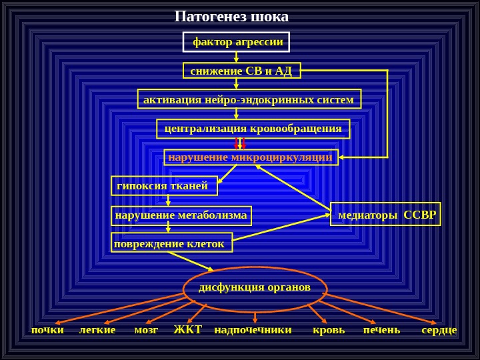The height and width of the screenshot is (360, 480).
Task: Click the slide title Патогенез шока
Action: (231, 16)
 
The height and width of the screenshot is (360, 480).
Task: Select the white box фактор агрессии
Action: (237, 42)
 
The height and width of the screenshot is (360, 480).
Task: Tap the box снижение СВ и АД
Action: (241, 71)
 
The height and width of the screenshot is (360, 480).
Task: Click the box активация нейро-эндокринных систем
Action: (249, 99)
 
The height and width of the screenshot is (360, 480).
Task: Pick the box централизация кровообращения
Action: (253, 128)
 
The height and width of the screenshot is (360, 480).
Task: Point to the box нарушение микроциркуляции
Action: (251, 157)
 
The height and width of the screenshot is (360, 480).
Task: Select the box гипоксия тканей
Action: (164, 185)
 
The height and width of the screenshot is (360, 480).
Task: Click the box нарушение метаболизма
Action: (181, 215)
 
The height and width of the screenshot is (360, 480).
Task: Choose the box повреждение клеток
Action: (171, 243)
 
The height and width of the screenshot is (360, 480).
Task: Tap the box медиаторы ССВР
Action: (386, 215)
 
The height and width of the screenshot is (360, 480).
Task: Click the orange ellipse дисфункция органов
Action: (255, 287)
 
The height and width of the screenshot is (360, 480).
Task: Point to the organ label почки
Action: (47, 329)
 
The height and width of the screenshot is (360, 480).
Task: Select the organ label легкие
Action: (97, 329)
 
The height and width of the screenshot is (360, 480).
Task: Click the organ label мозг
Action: (146, 329)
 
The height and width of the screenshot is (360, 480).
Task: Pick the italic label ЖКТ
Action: (187, 329)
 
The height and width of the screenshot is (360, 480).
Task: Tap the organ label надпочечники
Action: (253, 329)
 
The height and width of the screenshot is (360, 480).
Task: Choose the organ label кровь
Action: (329, 329)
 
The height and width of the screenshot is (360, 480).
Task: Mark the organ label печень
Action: (381, 329)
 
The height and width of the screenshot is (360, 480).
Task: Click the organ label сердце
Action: (439, 329)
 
